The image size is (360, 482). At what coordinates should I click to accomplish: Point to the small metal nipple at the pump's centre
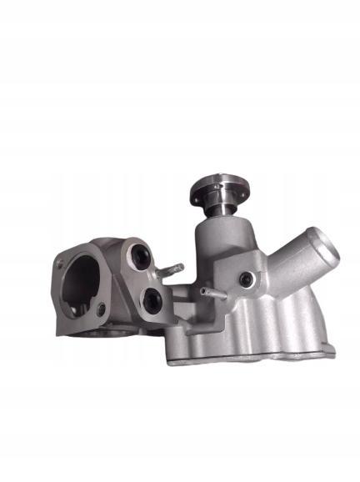point(210,291)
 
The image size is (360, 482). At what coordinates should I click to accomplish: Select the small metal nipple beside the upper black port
point(172,269)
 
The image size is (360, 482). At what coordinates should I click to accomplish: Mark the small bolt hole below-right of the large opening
point(102,311)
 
